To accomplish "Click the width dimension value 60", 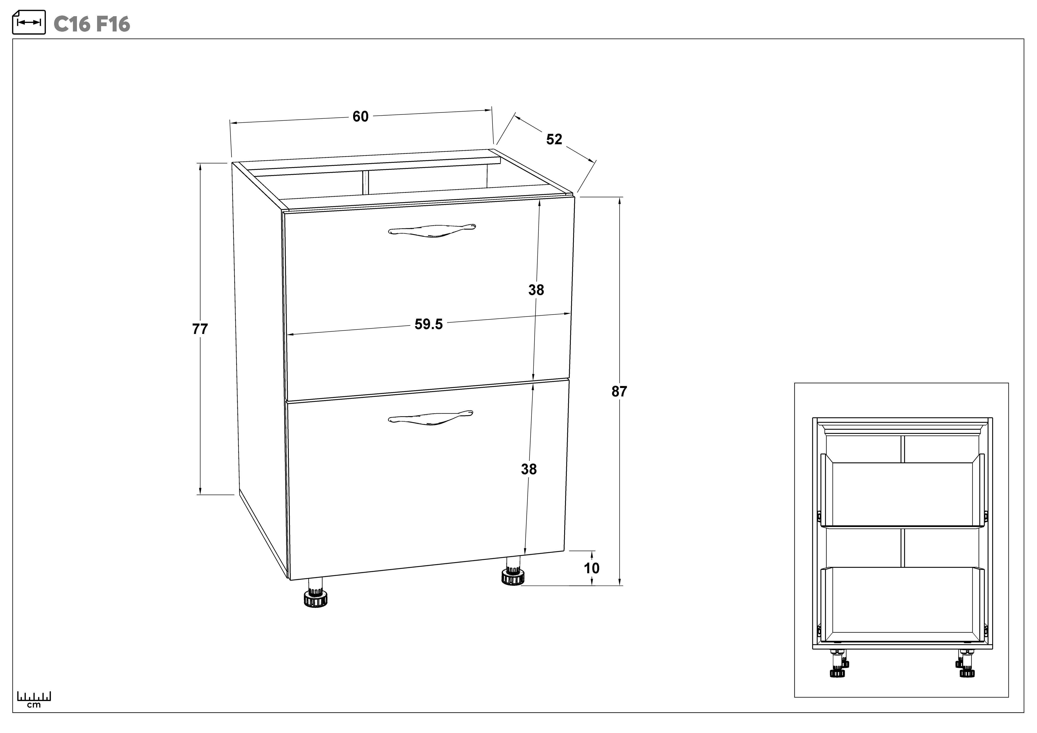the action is point(360,117).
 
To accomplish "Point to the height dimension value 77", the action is point(200,329).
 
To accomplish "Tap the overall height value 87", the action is point(619,391).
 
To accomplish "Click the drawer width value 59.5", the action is point(429,324).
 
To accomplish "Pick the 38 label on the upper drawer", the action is point(536,290).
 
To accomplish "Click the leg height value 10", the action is point(592,568).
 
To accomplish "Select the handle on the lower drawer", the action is point(430,417).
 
